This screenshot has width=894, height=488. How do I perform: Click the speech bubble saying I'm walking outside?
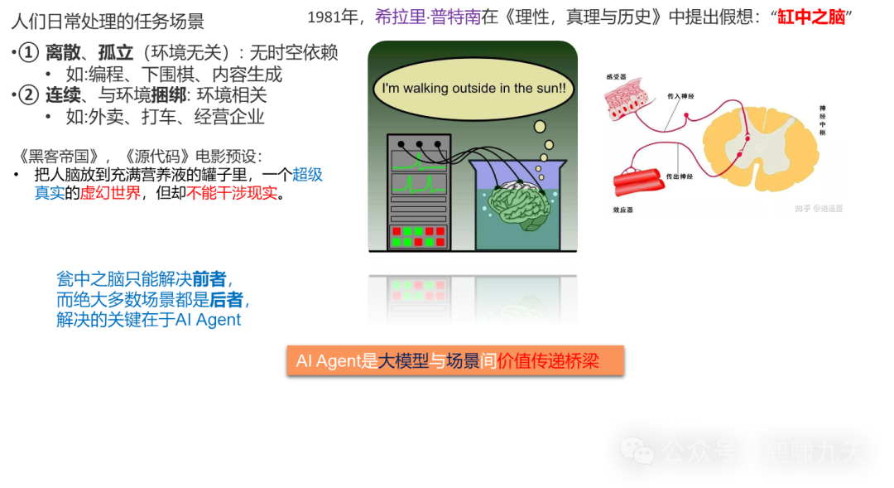473,89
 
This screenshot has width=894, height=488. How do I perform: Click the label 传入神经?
680,97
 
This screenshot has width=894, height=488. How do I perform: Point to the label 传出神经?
680,175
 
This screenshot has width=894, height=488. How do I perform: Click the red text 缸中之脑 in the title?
811,17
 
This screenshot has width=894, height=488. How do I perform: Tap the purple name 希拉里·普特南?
428,17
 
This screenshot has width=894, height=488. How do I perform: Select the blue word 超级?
307,175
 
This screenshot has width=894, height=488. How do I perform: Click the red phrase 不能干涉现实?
232,193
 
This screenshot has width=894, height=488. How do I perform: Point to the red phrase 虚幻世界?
110,193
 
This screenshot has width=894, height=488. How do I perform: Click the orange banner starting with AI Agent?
454,360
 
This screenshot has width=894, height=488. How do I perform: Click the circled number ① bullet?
28,54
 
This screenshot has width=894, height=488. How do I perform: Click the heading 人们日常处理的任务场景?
107,22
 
